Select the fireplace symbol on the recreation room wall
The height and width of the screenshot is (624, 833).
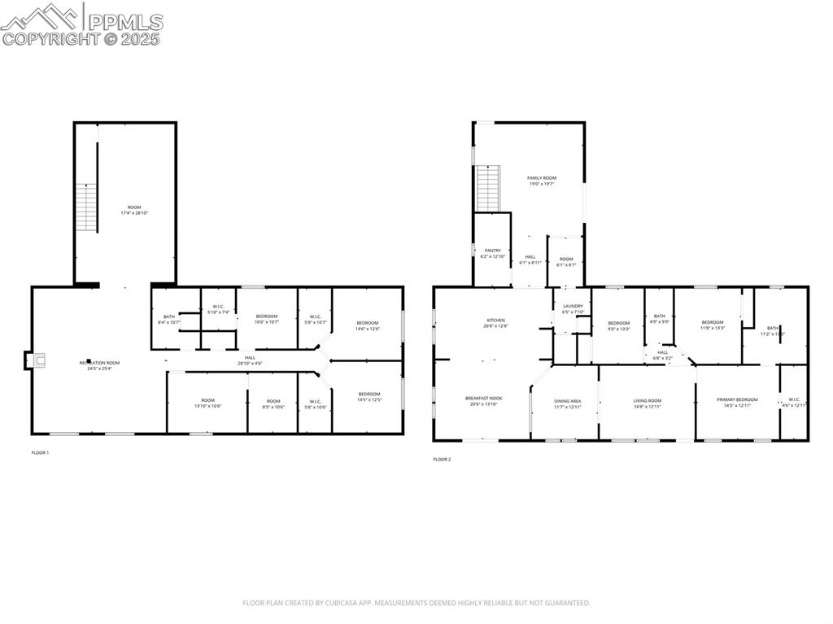[37, 360]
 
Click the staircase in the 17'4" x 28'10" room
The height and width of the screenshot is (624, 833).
[86, 207]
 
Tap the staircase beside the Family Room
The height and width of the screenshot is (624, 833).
[486, 188]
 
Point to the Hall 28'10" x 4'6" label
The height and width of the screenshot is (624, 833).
[250, 360]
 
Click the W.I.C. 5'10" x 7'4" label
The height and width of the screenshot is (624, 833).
[218, 309]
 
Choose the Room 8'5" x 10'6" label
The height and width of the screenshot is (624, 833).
[273, 404]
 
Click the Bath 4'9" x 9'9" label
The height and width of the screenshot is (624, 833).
[659, 318]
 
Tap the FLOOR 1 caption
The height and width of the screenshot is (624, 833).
[40, 452]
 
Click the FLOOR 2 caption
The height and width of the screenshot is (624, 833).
[442, 460]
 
